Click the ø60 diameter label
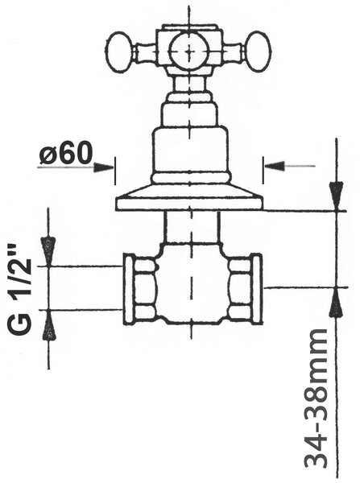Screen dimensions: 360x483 [66, 153]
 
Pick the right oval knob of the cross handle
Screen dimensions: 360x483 [259, 52]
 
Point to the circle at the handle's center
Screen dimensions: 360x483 [190, 52]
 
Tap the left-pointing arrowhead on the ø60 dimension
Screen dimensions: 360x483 [274, 166]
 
